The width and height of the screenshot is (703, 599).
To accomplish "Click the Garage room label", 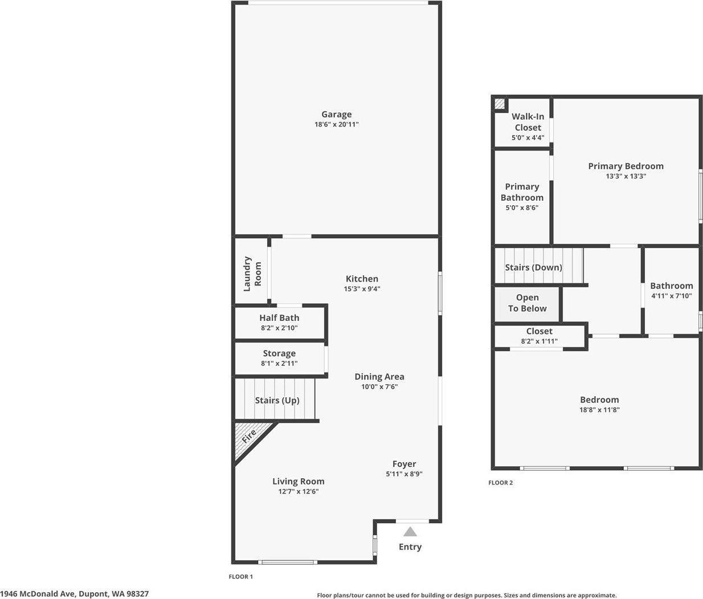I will coord(336,115).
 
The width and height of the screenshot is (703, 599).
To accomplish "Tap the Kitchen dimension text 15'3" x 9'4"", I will coord(362,289).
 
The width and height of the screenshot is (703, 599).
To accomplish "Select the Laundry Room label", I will coord(252,274).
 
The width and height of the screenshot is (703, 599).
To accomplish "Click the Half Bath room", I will coord(279,323).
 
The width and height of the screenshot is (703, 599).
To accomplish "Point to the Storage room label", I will coord(279,353).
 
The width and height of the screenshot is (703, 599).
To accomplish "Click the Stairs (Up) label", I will coord(277,400).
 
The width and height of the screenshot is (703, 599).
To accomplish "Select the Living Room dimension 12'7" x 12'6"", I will coord(298,491).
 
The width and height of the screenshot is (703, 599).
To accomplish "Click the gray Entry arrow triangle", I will coord(410,532).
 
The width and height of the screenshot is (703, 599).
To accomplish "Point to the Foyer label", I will coord(404,464).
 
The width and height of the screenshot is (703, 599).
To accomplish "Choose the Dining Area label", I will coord(379,377).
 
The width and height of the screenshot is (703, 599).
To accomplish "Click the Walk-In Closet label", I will coord(528,122).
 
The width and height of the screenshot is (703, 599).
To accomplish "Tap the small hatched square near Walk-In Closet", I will coord(500,104).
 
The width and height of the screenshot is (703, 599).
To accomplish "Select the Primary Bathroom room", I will coord(522,197).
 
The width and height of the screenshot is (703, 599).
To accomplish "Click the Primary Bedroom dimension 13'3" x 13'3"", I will coord(626,177).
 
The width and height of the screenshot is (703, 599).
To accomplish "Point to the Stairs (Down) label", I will coord(533,267).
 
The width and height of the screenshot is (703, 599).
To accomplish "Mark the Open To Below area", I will coord(527,303).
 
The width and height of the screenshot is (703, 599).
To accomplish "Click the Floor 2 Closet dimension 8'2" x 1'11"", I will coord(539,341).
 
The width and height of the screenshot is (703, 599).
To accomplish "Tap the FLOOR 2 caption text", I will coord(500,483).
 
